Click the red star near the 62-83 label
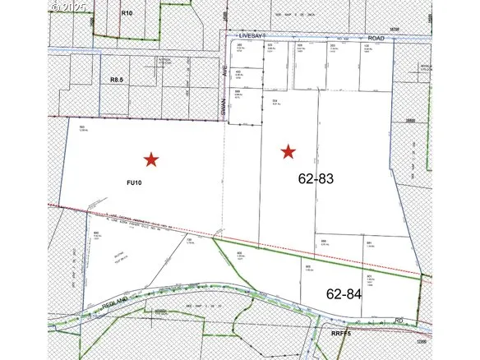click(x=288, y=151)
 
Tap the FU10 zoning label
click(x=135, y=182)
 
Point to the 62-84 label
click(x=344, y=293)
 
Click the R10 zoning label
click(x=126, y=14)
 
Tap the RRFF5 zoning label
click(x=342, y=335)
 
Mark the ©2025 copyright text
click(x=67, y=6)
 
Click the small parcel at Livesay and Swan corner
click(x=240, y=53)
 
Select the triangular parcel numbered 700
click(x=192, y=251)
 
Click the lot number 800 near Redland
click(x=97, y=234)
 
